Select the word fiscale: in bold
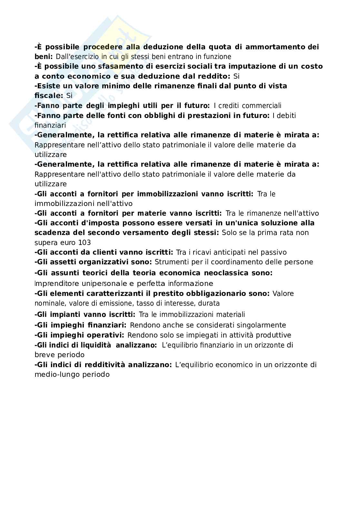(48, 96)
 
